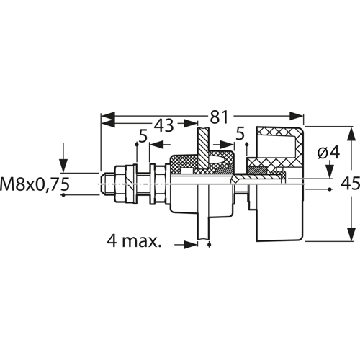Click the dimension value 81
(x=219, y=117)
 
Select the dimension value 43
(x=163, y=125)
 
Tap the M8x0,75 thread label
(x=35, y=184)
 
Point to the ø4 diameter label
(x=328, y=152)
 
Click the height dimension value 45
(x=350, y=184)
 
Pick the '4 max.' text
(x=134, y=240)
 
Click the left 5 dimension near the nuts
(x=143, y=136)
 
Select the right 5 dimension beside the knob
(x=240, y=134)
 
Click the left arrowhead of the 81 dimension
(x=108, y=117)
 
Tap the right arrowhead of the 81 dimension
(x=297, y=117)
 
